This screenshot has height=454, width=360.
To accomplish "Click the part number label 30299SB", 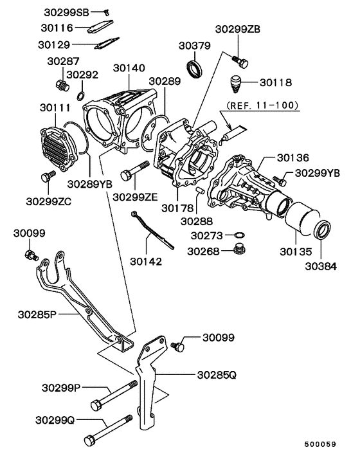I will pos(66,12).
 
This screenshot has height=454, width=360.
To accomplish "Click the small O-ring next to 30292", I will pos(79,96).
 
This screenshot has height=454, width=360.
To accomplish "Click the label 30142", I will pos(145,262).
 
